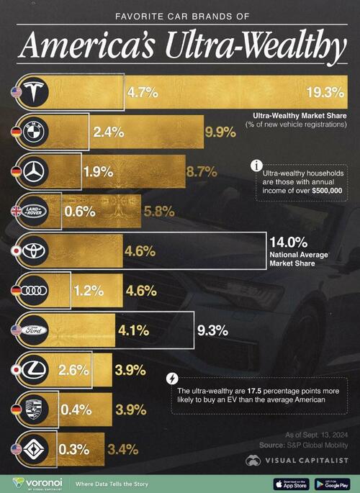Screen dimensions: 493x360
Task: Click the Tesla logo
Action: tap(34, 91)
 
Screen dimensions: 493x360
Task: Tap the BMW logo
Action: tap(34, 132)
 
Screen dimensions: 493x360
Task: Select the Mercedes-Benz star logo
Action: tap(34, 171)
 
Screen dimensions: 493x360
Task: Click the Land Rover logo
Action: tap(34, 212)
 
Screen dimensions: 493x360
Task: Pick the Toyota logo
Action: tap(34, 251)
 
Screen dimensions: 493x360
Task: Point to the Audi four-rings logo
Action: tap(34, 291)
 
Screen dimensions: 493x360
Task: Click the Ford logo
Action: tap(34, 331)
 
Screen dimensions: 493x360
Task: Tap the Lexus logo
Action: tap(34, 371)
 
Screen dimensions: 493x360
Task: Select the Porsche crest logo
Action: tap(34, 410)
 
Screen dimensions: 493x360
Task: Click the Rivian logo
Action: tap(34, 450)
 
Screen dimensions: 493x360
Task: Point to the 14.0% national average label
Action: tap(282, 243)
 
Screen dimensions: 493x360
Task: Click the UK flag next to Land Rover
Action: tap(17, 212)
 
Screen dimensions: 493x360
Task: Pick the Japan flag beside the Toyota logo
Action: tap(17, 252)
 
